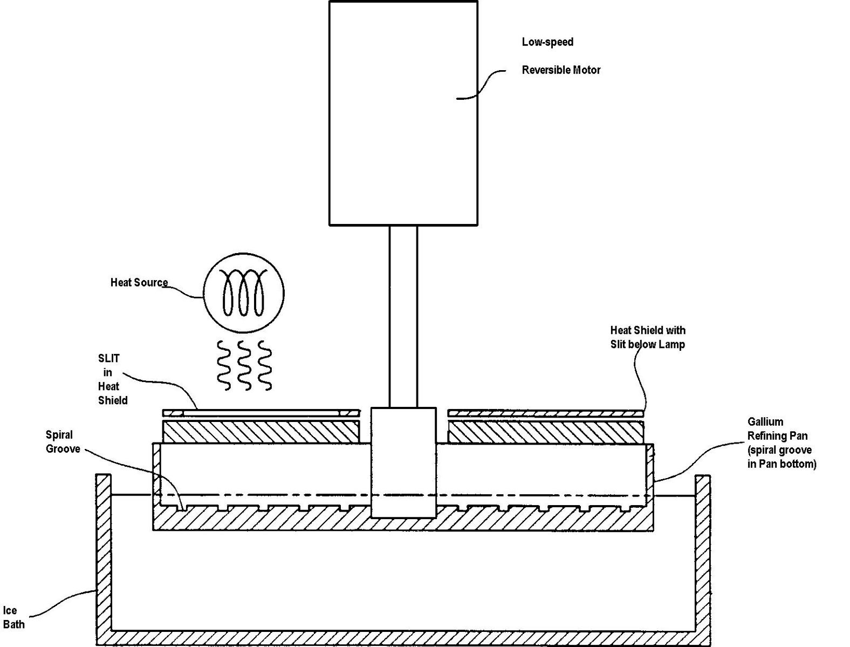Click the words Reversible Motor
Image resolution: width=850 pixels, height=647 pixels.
(561, 70)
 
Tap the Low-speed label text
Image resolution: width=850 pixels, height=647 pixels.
(547, 42)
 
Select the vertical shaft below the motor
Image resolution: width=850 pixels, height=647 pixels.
(403, 316)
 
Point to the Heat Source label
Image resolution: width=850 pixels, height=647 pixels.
(139, 282)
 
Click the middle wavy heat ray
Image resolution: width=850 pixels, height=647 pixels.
(244, 365)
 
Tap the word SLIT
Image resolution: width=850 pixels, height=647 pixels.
(109, 358)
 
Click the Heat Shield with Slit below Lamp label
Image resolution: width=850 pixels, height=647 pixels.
(648, 337)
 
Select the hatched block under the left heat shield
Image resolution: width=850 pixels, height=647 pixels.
(261, 432)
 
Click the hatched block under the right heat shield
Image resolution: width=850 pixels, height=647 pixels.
(546, 432)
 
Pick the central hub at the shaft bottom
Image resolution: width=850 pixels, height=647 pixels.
(403, 462)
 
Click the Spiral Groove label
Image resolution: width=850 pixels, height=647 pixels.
(63, 442)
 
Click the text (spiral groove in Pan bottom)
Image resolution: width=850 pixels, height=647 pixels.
(782, 457)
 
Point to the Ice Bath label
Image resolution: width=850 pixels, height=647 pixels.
(13, 617)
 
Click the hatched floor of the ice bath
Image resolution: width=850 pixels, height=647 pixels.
(403, 638)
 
